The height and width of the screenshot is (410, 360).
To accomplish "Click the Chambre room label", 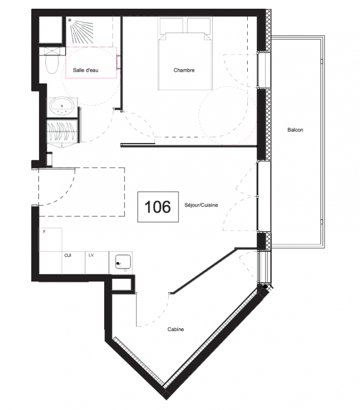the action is point(184,70).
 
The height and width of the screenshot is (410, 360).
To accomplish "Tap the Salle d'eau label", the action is point(86,70).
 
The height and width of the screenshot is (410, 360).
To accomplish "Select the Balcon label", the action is point(295,130).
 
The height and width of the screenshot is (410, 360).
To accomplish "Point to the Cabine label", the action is point(175,329).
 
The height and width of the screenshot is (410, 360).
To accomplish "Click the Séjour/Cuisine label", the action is point(201,205).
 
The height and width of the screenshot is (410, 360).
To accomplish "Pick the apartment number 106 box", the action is point(158,207).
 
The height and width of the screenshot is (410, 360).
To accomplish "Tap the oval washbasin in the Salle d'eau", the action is point(62,107).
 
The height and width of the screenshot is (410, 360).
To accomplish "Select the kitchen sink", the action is point(123,262).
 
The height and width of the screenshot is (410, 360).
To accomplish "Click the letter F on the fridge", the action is point(45,232).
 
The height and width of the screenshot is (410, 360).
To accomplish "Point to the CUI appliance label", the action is point(68,255).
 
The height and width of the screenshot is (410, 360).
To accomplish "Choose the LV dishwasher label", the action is point(91,255).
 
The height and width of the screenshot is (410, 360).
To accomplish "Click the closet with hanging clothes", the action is point(62,132).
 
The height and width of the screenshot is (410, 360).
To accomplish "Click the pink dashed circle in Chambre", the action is point(228,115).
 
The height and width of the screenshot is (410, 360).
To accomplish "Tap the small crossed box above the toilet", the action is point(52,51).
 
